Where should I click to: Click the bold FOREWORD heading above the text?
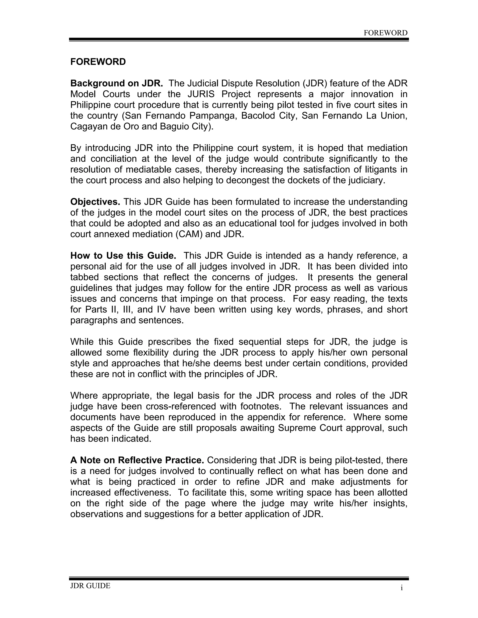point(98,62)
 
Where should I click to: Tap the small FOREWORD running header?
point(385,33)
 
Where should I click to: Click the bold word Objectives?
point(95,202)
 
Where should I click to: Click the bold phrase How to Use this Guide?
point(123,256)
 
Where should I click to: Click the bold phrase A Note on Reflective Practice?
point(137,460)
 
